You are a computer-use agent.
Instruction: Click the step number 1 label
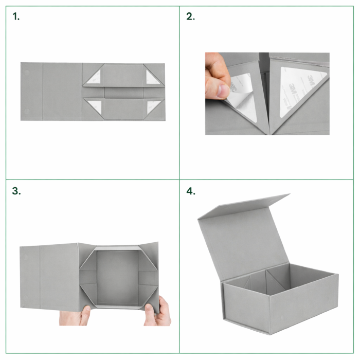tap(16, 16)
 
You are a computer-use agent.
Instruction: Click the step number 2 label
tap(190, 16)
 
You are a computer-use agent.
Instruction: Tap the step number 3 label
tap(16, 191)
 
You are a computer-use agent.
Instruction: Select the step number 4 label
tap(191, 191)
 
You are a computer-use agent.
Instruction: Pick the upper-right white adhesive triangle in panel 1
tap(152, 78)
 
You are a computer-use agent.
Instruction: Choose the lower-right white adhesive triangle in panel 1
tap(152, 106)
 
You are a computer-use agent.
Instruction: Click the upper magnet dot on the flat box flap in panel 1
tap(27, 73)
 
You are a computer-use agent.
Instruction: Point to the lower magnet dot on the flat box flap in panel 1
tap(27, 112)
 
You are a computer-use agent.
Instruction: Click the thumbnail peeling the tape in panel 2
tap(223, 91)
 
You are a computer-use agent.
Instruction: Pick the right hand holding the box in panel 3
tap(158, 312)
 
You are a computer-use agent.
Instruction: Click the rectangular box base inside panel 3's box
tap(117, 278)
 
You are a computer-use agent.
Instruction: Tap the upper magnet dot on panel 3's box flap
tap(26, 257)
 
